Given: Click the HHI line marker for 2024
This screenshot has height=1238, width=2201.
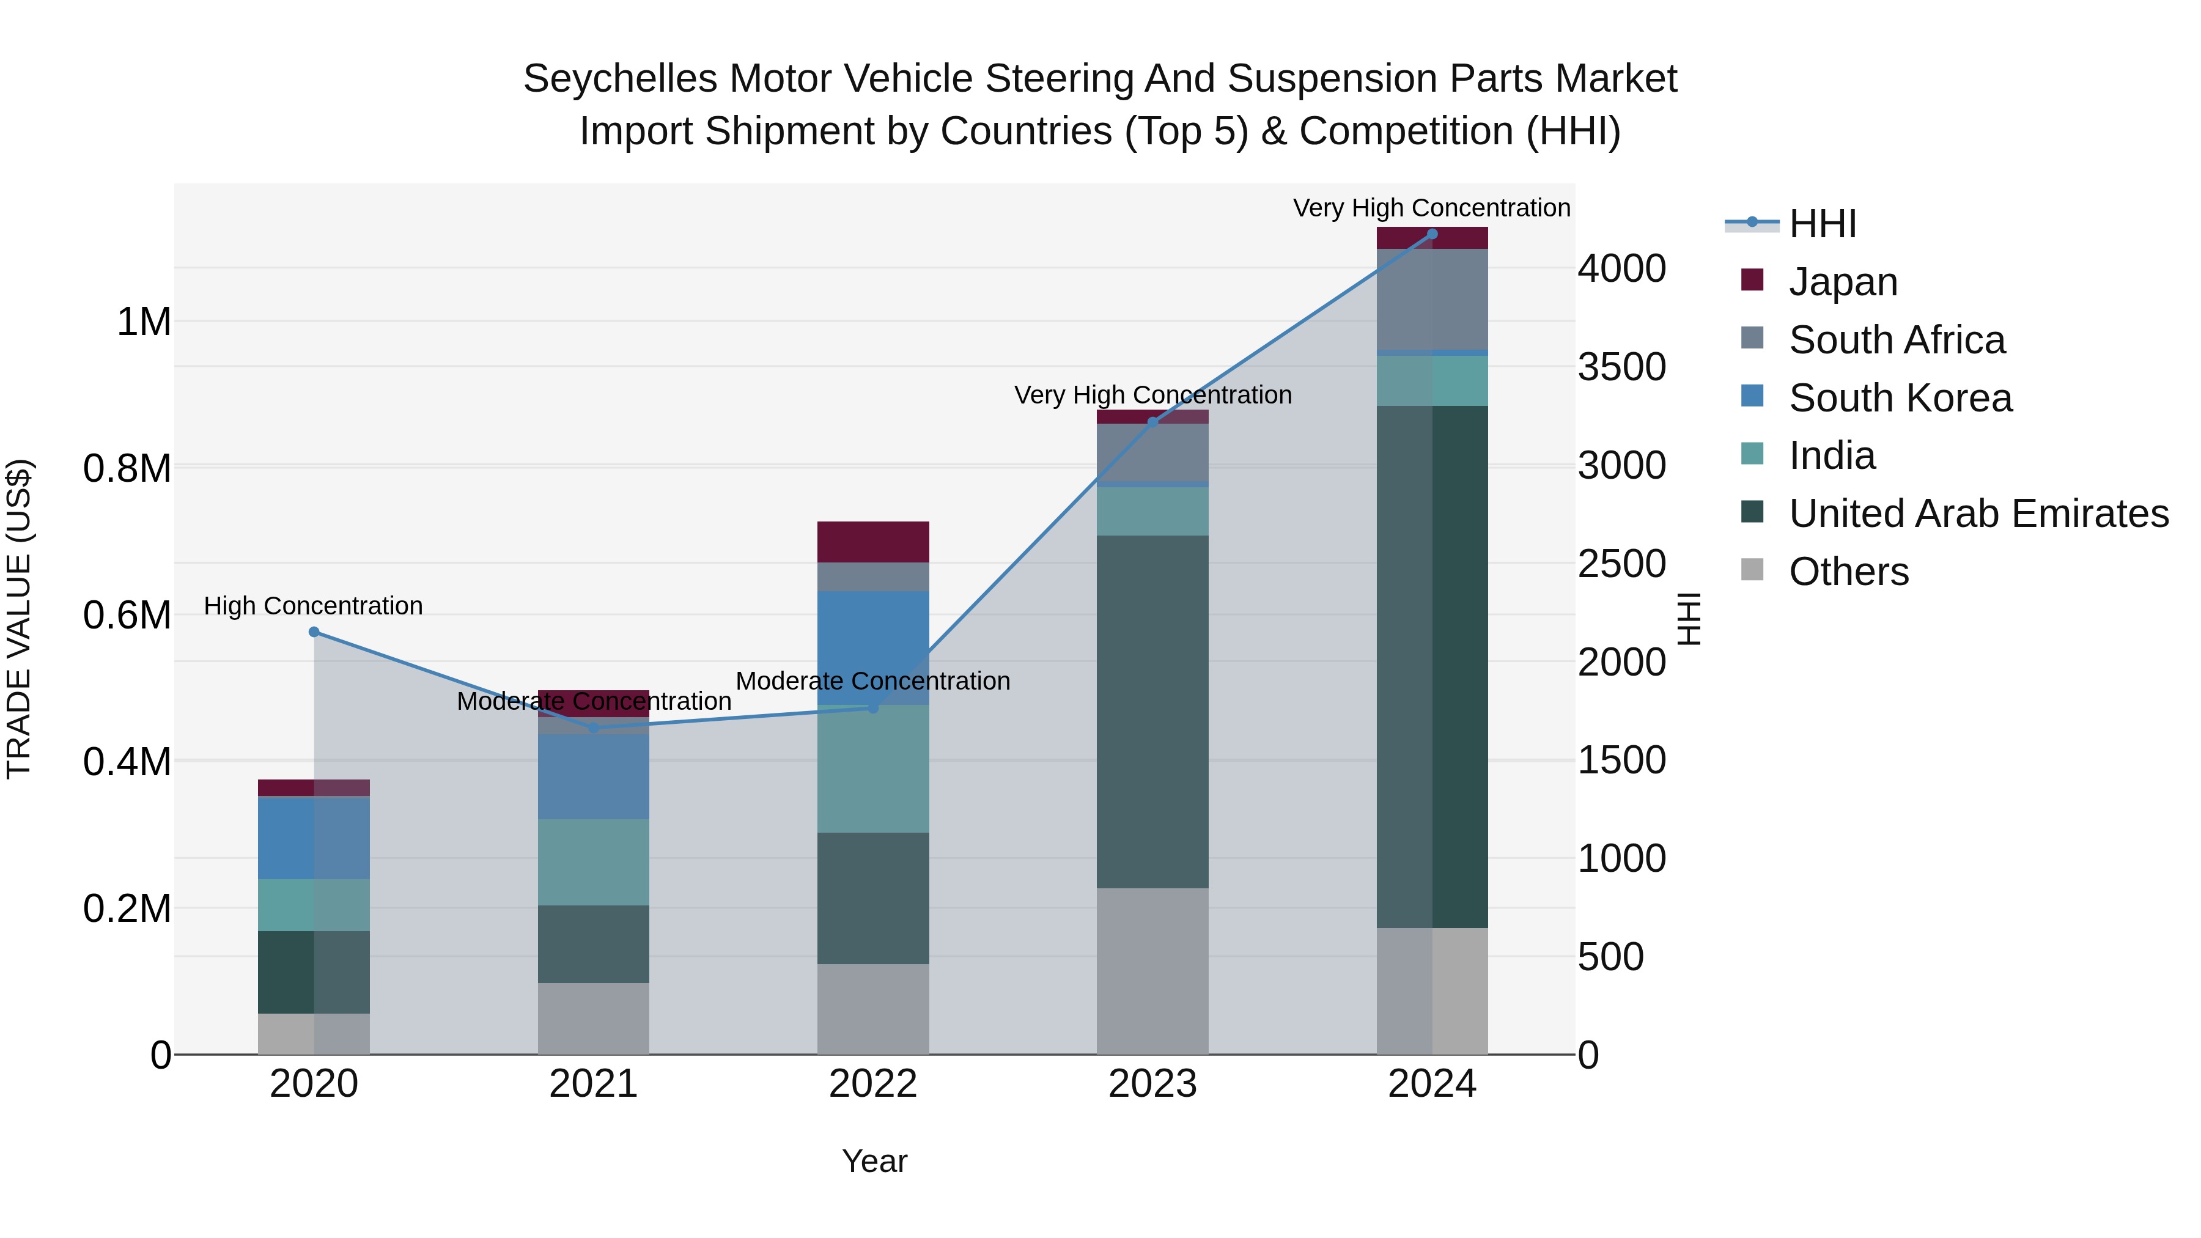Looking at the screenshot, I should (x=1432, y=234).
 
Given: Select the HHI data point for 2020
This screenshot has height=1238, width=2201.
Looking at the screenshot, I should (x=314, y=632).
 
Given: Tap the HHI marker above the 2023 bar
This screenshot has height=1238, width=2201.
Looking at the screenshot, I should (x=1152, y=422).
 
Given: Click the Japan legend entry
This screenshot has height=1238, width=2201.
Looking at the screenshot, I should (x=1842, y=282).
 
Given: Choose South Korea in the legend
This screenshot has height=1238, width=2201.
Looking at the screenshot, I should (x=1900, y=398).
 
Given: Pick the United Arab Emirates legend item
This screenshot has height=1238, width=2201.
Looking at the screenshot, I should (x=1977, y=514).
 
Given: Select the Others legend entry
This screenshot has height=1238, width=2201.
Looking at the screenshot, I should (x=1848, y=572).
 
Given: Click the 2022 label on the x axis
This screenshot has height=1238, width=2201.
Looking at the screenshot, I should (x=872, y=1084).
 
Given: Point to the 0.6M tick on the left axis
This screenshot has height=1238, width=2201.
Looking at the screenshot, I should (x=127, y=615).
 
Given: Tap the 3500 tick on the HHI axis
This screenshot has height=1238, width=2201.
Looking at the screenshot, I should (x=1621, y=367).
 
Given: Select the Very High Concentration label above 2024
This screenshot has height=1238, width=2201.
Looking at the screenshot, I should (x=1431, y=208).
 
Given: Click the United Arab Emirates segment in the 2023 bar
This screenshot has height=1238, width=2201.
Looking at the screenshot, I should (x=1152, y=711).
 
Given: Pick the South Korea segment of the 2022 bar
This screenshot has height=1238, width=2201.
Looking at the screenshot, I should (x=872, y=647).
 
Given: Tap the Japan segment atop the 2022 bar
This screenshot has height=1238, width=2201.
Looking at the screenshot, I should (x=872, y=542).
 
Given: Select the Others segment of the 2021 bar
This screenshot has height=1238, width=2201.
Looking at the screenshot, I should (x=593, y=1019).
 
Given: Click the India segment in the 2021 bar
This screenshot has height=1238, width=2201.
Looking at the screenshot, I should (x=593, y=861).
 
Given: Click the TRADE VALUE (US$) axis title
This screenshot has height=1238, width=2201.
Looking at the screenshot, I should (x=19, y=619).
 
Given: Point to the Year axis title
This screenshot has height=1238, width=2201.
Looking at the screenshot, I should (x=874, y=1161).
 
